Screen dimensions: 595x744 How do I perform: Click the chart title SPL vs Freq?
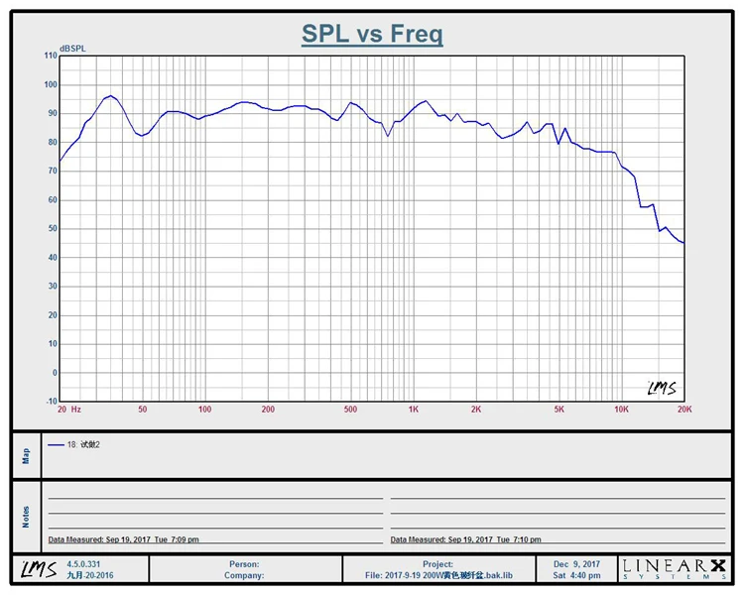372,35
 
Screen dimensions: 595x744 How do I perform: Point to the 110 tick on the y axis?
51,56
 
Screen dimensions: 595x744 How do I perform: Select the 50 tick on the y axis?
52,229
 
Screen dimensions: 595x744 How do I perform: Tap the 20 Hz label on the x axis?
68,409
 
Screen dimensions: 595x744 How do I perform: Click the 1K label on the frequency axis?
413,409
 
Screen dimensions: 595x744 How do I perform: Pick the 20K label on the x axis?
683,409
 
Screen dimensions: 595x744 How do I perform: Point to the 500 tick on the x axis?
350,409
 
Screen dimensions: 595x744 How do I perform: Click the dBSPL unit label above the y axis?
73,48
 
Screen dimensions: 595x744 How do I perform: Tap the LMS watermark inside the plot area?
661,388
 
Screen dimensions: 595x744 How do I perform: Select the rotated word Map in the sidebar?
27,455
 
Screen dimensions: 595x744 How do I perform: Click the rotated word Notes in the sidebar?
27,517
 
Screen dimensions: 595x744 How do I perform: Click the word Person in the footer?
244,563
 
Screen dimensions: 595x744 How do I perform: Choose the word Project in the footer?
437,563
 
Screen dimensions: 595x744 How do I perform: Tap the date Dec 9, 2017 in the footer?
577,563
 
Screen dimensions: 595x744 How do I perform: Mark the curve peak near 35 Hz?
110,96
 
